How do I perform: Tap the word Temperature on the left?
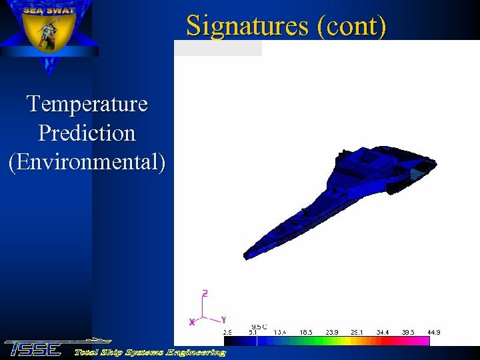coord(87,104)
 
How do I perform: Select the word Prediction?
coord(87,133)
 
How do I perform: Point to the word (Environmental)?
coord(87,162)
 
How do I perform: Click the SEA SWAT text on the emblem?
coord(49,10)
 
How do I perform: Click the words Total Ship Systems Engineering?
coord(149,352)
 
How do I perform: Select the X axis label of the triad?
coord(192,322)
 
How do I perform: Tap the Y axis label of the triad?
coord(223,319)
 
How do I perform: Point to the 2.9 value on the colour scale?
coord(227,332)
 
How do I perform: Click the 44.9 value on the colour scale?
coord(433,332)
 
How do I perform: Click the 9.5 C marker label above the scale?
coord(259,326)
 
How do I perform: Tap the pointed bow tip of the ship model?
coord(245,256)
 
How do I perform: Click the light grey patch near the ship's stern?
coord(416,173)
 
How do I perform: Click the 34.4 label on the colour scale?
coord(382,332)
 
